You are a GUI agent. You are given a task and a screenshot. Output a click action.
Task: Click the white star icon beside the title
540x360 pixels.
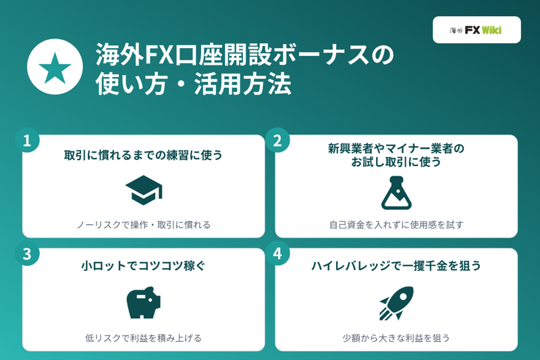coord(55,67)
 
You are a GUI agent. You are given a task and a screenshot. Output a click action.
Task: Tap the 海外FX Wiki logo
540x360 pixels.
coord(477,30)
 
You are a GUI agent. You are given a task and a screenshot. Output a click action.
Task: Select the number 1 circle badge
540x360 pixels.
coord(27,140)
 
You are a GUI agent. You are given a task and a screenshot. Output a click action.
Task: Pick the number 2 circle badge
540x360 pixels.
coord(277,140)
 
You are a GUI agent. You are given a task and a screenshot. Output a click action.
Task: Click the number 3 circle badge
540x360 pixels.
coord(27,253)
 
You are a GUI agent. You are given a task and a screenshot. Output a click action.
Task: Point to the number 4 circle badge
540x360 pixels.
coord(277,253)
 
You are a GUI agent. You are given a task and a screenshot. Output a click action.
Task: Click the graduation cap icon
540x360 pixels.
coord(144,190)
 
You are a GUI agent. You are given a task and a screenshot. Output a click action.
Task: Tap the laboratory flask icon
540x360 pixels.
coord(396,192)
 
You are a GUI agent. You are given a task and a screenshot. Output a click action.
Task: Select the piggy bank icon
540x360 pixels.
coord(144,303)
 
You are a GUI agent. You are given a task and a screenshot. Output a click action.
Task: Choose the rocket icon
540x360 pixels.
coord(396,303)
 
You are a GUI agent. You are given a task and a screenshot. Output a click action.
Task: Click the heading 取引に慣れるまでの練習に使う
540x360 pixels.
coord(143,155)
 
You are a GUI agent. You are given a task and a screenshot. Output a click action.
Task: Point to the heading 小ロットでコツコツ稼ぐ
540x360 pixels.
coord(143,265)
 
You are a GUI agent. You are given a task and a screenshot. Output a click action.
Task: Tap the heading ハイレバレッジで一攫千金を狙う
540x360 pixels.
coord(396,265)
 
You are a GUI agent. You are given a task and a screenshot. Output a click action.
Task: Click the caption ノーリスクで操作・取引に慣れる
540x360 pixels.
coord(143,225)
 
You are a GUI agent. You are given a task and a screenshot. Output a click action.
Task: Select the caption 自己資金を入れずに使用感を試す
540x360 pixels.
coord(396,225)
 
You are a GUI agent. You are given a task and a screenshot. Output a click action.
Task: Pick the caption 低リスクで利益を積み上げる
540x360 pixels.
coord(143,338)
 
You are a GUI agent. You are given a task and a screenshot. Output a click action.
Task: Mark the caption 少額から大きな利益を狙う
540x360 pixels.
coord(396,338)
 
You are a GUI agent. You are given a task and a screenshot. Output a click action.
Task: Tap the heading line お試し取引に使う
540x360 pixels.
coord(396,161)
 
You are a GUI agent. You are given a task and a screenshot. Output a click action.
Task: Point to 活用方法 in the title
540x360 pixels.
coord(243,84)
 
